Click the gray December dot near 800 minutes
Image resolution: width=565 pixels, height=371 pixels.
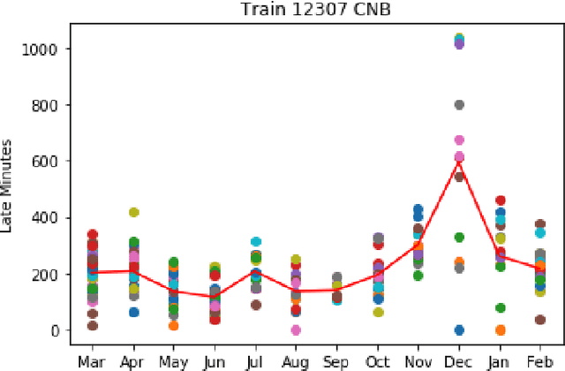tap(459, 105)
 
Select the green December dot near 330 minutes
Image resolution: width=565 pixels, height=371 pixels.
tap(459, 238)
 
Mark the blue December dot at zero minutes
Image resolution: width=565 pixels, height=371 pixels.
tap(459, 329)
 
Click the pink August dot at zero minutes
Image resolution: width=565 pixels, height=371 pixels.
tap(296, 329)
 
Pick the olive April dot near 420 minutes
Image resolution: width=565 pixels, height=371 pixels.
tap(133, 213)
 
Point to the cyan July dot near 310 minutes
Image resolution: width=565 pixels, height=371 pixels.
tap(255, 242)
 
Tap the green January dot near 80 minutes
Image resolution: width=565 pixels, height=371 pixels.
tap(501, 308)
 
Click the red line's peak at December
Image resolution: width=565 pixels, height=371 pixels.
tap(459, 162)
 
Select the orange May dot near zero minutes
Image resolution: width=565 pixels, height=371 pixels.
tap(174, 326)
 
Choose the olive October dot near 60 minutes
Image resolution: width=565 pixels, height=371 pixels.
tap(378, 313)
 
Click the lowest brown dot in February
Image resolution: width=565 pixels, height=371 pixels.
tap(541, 320)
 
